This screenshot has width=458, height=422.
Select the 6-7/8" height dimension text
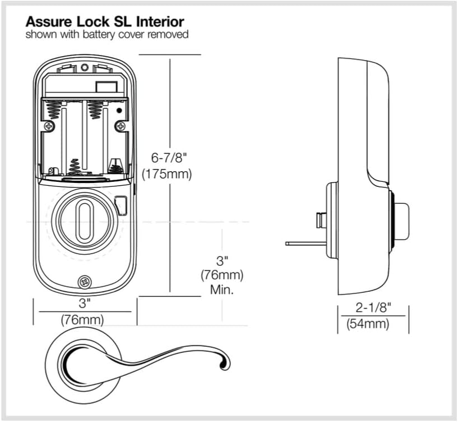[x=166, y=158]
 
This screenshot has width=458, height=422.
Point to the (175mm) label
[x=166, y=174]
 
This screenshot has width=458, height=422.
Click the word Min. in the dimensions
[x=222, y=290]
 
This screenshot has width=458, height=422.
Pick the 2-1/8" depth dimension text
[x=373, y=308]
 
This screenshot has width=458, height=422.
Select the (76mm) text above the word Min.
[x=222, y=276]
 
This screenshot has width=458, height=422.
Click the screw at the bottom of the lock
[x=85, y=282]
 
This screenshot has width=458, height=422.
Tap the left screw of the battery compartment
[x=50, y=127]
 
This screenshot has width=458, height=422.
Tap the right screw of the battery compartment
[x=119, y=127]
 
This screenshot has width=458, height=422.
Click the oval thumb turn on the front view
[x=85, y=219]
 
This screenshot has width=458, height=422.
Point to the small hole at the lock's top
[x=85, y=68]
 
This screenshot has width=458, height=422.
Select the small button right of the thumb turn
[x=121, y=205]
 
